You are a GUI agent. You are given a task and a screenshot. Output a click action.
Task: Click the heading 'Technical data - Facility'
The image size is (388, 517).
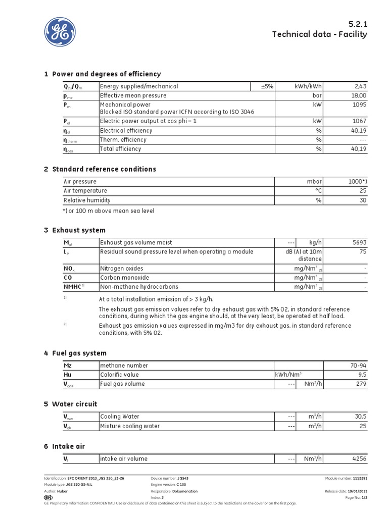coord(319,34)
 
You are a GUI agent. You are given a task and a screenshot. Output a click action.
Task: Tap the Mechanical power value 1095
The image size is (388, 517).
coord(358,105)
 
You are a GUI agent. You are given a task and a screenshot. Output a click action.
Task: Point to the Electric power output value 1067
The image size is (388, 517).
coord(358,122)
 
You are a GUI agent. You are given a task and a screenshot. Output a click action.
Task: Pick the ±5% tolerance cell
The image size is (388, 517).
coord(267,87)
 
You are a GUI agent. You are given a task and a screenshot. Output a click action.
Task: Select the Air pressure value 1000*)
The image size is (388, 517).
coord(357,182)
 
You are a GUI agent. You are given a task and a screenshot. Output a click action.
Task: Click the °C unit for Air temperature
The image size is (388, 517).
coord(318,191)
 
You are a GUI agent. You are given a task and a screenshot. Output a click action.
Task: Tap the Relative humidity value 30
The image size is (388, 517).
coord(363,200)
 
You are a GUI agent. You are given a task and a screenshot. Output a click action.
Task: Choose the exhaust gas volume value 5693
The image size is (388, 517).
coord(359,243)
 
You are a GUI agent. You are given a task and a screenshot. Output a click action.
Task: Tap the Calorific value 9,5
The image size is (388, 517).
coord(361,375)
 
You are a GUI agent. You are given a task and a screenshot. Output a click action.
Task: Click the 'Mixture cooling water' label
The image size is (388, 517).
coord(130,426)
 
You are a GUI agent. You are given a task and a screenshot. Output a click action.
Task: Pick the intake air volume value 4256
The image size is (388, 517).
coord(359,459)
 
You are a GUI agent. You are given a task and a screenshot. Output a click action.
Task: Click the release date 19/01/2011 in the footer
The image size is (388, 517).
coord(357,491)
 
